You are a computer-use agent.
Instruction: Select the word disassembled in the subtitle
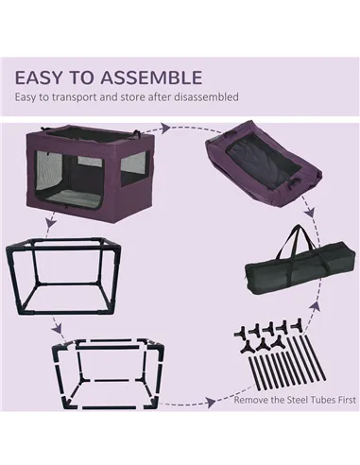click(x=203, y=96)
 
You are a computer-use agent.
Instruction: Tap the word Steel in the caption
click(x=283, y=400)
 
